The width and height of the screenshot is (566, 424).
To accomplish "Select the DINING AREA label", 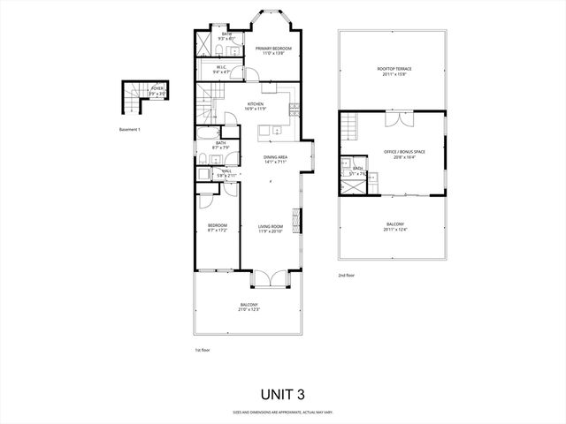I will pos(275,159).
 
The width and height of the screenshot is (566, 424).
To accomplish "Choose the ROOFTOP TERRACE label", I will pos(394,71).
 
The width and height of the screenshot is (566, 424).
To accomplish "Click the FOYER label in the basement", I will pos(157,89).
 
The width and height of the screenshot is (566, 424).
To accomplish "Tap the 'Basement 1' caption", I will pos(130,129).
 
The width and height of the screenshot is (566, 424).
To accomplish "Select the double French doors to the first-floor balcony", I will pos(268,277).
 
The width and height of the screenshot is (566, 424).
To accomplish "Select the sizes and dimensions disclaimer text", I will pos(282,412).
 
